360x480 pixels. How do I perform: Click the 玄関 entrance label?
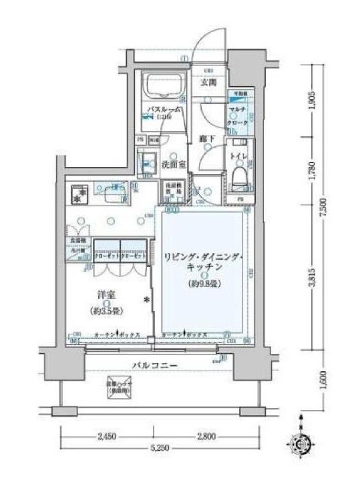click(x=209, y=83)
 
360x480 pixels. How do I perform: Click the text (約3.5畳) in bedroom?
click(x=101, y=311)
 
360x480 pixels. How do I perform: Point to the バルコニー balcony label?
click(x=154, y=366)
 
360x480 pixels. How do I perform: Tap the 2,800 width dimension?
click(x=206, y=437)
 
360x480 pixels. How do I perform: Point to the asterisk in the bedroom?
click(x=146, y=299)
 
